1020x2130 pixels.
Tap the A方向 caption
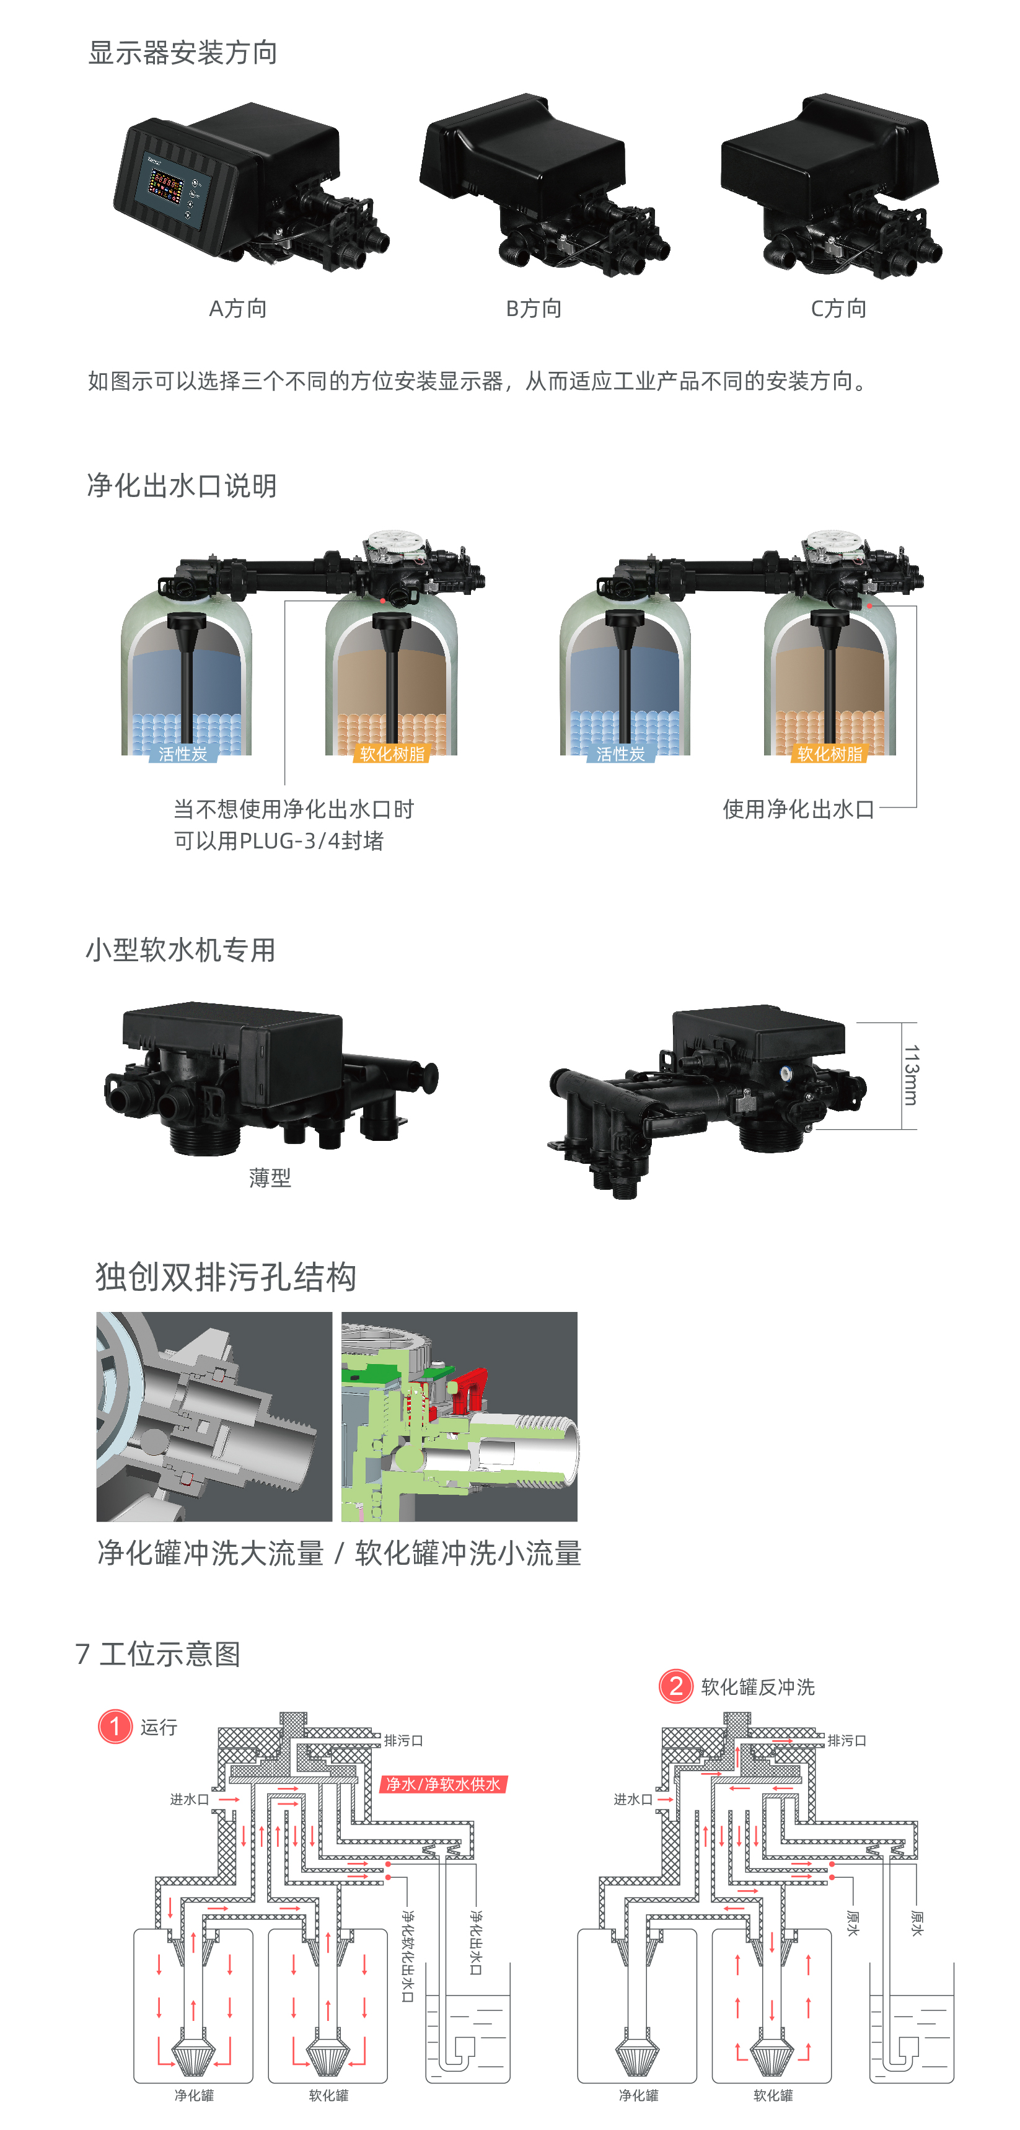click(238, 309)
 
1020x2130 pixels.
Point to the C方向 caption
click(838, 309)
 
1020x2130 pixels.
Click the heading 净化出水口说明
click(182, 485)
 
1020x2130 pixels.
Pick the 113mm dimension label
click(910, 1075)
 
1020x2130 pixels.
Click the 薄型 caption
click(270, 1177)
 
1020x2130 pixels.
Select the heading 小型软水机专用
click(180, 950)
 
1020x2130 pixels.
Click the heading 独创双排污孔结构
click(226, 1277)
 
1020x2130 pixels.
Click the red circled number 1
click(115, 1727)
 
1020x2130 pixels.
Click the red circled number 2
click(675, 1686)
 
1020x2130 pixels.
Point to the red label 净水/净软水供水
click(444, 1784)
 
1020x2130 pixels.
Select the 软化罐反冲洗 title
click(757, 1687)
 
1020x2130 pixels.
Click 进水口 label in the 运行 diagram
click(189, 1799)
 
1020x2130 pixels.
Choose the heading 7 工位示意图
click(158, 1653)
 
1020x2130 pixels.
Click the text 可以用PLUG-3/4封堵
click(279, 841)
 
